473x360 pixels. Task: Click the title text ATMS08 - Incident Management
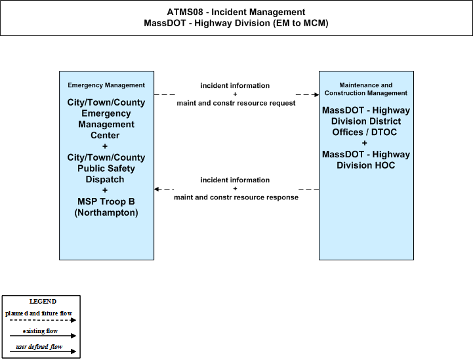236,12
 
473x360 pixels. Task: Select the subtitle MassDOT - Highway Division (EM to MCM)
236,23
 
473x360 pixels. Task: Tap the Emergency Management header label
106,85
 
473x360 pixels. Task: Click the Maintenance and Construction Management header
366,89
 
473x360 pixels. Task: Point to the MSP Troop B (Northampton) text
106,207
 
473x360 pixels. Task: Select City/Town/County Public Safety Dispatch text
106,169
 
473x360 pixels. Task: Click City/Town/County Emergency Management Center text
106,119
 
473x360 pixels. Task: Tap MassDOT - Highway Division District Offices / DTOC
366,121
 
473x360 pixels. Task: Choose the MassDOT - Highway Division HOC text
366,160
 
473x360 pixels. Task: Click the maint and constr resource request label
236,103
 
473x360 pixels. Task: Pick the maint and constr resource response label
236,197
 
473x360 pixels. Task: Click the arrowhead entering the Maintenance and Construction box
316,94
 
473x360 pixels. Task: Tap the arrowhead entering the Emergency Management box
156,189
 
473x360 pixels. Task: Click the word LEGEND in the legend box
43,302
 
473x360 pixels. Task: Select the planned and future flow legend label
39,313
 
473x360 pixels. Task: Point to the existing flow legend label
40,331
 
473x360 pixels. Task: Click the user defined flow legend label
39,347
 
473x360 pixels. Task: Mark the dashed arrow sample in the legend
43,320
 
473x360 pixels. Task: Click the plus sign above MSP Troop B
105,190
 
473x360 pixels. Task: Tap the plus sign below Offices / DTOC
364,143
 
